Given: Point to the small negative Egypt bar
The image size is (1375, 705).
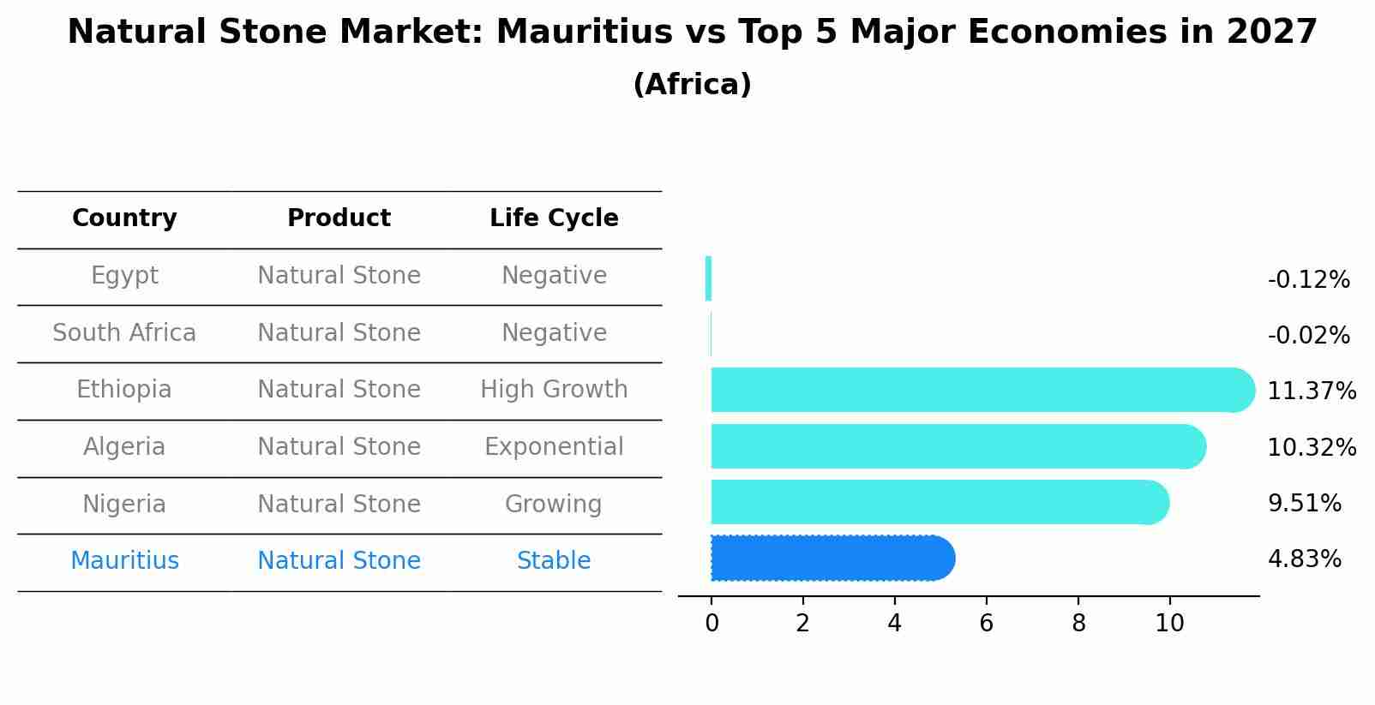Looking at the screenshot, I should click(x=708, y=278).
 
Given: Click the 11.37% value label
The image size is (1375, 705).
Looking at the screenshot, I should click(x=1311, y=391).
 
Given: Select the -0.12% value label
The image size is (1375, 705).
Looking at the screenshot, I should click(x=1308, y=280).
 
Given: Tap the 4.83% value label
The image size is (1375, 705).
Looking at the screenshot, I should click(x=1304, y=559).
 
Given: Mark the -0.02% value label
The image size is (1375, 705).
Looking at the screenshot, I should click(x=1308, y=336).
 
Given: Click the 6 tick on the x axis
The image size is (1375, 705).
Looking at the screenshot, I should click(x=986, y=624).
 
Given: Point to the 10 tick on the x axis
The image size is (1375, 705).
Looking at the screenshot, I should click(x=1169, y=624).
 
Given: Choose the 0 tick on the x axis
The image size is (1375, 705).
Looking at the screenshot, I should click(x=712, y=624).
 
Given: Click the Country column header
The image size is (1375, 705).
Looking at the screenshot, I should click(x=124, y=218).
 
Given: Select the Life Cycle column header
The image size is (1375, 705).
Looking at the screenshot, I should click(x=554, y=218).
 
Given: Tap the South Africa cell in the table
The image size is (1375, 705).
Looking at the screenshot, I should click(x=124, y=332).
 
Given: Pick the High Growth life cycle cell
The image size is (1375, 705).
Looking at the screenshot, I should click(x=554, y=390).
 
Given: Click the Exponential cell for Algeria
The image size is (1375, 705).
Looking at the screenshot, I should click(x=554, y=447).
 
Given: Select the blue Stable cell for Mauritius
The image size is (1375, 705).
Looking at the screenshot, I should click(x=554, y=561).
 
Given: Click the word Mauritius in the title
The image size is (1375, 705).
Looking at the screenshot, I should click(x=584, y=33).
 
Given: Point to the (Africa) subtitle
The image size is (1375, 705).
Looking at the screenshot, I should click(x=692, y=85).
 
